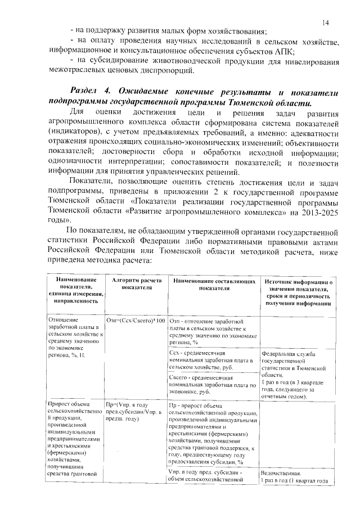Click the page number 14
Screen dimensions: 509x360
click(326, 23)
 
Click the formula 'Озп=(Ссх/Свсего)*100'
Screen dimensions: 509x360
click(136, 319)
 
